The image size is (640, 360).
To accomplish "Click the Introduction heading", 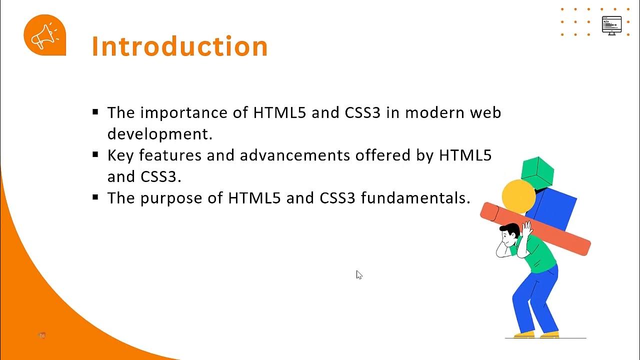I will pos(180,46).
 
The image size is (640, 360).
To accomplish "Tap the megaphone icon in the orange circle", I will pos(44,35).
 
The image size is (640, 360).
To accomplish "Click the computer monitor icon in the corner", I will pos(611,25).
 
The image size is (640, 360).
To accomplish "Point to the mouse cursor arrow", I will pos(358,274).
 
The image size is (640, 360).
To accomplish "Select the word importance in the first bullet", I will pos(184,112).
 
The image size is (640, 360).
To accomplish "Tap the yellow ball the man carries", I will pos(518,196).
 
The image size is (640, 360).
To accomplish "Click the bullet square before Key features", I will pos(95,155).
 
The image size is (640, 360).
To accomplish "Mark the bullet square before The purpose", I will pos(95,197).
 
